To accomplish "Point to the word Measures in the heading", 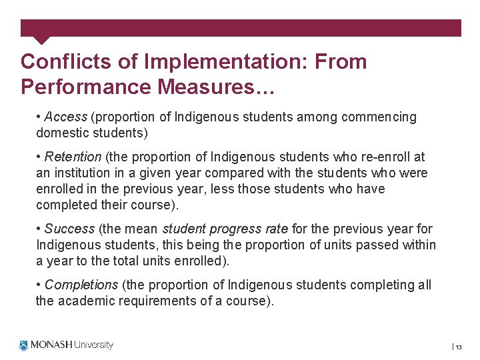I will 209,87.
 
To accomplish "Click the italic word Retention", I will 73,157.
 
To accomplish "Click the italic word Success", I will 69,229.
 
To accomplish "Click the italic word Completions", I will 81,285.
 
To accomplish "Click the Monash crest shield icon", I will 25,345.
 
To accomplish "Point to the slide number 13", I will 459,347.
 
